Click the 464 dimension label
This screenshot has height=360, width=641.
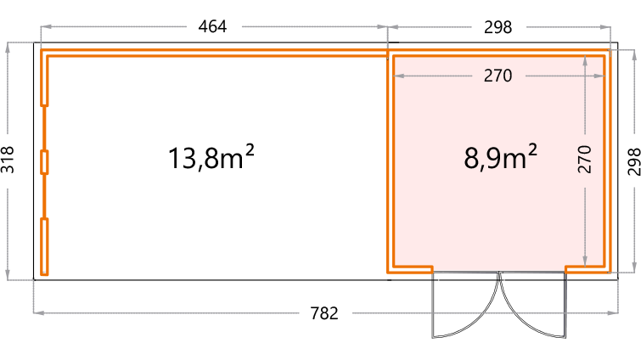(x=212, y=26)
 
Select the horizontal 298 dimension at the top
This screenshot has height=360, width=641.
(x=498, y=27)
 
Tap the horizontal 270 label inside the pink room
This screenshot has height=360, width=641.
(x=498, y=76)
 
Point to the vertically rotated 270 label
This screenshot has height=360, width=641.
(x=585, y=160)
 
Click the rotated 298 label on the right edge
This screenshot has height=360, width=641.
(x=633, y=162)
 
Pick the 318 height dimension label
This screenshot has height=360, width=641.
(x=8, y=160)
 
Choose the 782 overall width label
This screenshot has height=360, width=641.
(x=324, y=313)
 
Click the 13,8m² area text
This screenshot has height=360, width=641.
(x=211, y=157)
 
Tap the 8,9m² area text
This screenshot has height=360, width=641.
(x=500, y=157)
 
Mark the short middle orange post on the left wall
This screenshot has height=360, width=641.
(x=44, y=162)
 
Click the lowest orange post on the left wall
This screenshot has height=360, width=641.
(x=44, y=247)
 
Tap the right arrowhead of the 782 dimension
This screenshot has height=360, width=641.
(x=613, y=313)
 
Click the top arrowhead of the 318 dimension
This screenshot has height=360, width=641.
(x=8, y=48)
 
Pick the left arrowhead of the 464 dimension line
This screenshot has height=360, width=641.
(x=46, y=26)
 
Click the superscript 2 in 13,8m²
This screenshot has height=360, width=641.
(x=250, y=149)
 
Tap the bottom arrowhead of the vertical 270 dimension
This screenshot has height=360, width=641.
(x=585, y=262)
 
